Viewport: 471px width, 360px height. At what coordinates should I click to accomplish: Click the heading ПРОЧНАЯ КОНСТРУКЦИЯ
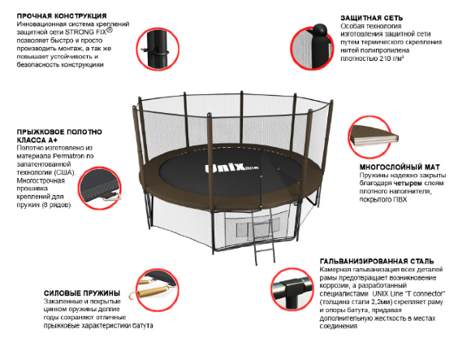pos(62,16)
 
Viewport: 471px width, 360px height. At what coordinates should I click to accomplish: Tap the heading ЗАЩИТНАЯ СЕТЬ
pos(372,18)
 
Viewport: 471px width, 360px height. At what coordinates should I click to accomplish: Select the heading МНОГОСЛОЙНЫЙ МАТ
pos(400,167)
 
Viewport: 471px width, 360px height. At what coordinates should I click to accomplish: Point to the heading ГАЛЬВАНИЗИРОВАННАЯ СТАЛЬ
pos(377,261)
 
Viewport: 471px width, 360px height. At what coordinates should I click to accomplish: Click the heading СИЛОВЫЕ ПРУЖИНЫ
pos(82,293)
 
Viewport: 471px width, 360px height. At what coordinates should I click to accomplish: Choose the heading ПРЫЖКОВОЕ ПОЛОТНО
pos(59,132)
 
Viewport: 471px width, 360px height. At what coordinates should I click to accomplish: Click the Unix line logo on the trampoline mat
pos(231,167)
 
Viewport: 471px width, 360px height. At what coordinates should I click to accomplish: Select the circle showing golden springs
pos(157,288)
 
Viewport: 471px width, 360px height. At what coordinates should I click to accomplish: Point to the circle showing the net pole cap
pos(312,48)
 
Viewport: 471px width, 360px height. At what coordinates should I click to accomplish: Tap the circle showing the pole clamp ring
pos(158,50)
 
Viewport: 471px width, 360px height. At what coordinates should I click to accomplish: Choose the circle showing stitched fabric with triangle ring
pos(100,189)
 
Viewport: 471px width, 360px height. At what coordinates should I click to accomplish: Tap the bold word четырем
pos(407,184)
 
